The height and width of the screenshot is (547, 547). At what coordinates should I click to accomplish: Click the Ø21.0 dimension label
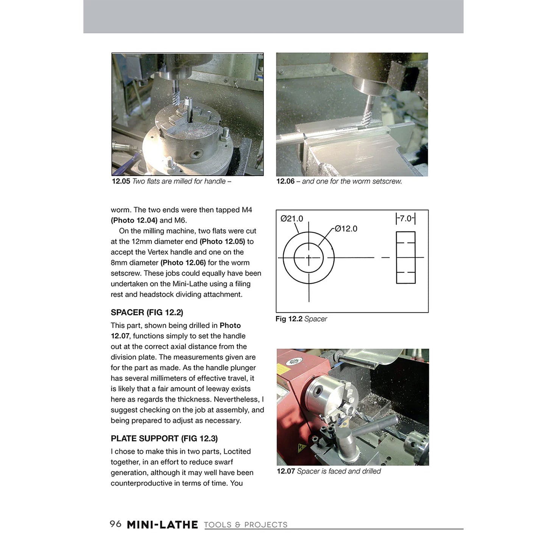point(291,218)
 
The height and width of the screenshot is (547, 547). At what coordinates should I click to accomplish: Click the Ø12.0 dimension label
point(346,229)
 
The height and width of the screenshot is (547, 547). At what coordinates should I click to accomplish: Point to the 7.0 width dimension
point(405,218)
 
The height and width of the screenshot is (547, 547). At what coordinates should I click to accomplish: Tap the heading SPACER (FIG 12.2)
point(147,312)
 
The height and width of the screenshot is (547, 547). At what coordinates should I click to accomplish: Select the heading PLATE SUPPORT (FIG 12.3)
point(164,438)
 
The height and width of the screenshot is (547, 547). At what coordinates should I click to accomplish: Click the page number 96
point(115,524)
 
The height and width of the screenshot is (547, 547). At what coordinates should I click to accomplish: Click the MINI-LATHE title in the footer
point(162,525)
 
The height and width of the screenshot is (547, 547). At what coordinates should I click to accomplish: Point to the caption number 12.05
point(121,181)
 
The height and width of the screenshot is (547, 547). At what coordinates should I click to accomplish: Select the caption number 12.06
point(285,181)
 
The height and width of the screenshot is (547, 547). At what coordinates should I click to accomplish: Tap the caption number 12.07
point(286,471)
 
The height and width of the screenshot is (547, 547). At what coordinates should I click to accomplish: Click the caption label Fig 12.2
point(289,319)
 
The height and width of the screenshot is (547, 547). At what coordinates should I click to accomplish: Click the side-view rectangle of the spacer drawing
point(405,257)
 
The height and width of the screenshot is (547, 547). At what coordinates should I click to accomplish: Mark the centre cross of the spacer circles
point(309,258)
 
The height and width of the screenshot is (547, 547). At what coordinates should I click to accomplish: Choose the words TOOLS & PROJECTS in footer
point(246,525)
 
